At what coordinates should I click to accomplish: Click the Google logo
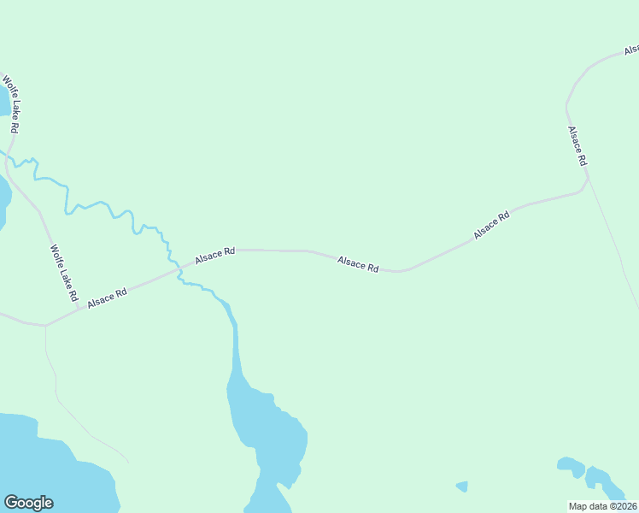coord(28,503)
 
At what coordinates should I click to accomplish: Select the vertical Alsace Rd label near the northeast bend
coord(577,146)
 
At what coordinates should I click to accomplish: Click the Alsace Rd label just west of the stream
coord(107,298)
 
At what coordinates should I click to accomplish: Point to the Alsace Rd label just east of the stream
coord(214,255)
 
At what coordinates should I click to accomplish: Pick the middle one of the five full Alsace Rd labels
coord(358,263)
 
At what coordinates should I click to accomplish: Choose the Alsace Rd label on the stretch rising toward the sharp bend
coord(491,225)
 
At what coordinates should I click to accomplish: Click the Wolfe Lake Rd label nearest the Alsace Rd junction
coord(64,274)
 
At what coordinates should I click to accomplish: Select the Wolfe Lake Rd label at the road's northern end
coord(10,104)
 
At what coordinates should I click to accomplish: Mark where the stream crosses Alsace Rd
coord(180,269)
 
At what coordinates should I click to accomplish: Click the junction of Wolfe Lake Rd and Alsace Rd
coord(45,326)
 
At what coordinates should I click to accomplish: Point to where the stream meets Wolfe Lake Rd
coord(8,157)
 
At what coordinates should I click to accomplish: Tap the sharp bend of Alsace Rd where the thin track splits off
coord(587,180)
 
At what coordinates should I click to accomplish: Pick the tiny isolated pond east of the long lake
coord(462,486)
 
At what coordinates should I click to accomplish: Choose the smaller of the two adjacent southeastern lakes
coord(570,467)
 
